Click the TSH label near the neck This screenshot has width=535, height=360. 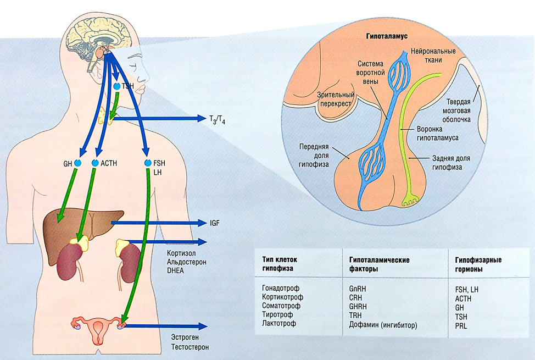tap(128, 87)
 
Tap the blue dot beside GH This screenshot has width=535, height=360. tap(77, 163)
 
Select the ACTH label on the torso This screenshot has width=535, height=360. tap(108, 163)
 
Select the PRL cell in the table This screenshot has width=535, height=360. tap(461, 325)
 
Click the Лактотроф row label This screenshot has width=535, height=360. tap(279, 324)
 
